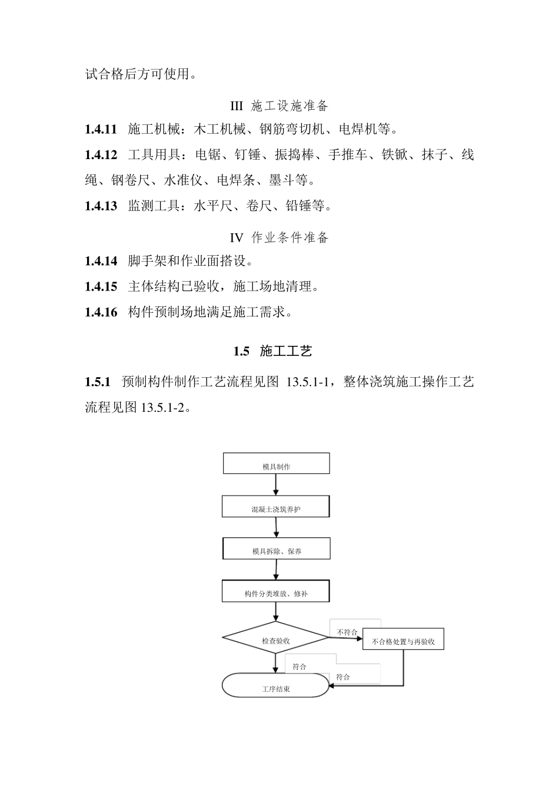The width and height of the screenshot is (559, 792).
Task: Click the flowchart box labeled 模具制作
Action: click(276, 464)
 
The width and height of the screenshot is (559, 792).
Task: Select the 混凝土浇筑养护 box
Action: click(275, 507)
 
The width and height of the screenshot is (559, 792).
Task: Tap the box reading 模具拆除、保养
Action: click(276, 549)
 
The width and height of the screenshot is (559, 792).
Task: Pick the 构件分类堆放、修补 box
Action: click(276, 591)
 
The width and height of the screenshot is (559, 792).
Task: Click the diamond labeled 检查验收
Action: click(275, 638)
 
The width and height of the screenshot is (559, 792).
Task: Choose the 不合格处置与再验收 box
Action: click(403, 639)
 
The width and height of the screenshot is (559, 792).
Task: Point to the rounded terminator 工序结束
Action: click(275, 685)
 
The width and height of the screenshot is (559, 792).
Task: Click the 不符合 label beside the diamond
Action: click(347, 632)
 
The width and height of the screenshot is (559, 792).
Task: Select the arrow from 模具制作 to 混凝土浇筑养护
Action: click(275, 484)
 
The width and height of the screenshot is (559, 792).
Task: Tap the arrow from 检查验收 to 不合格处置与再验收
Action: click(346, 638)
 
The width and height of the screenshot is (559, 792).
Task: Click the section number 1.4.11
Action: click(101, 129)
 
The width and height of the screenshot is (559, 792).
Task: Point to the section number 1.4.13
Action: click(101, 206)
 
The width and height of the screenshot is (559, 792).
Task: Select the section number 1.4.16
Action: click(101, 312)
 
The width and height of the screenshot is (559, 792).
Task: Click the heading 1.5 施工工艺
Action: click(272, 351)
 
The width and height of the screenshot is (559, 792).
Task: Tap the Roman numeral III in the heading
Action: click(236, 106)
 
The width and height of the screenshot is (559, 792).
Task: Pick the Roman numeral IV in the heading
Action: click(236, 237)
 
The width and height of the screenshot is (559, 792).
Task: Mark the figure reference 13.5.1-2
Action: click(163, 407)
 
